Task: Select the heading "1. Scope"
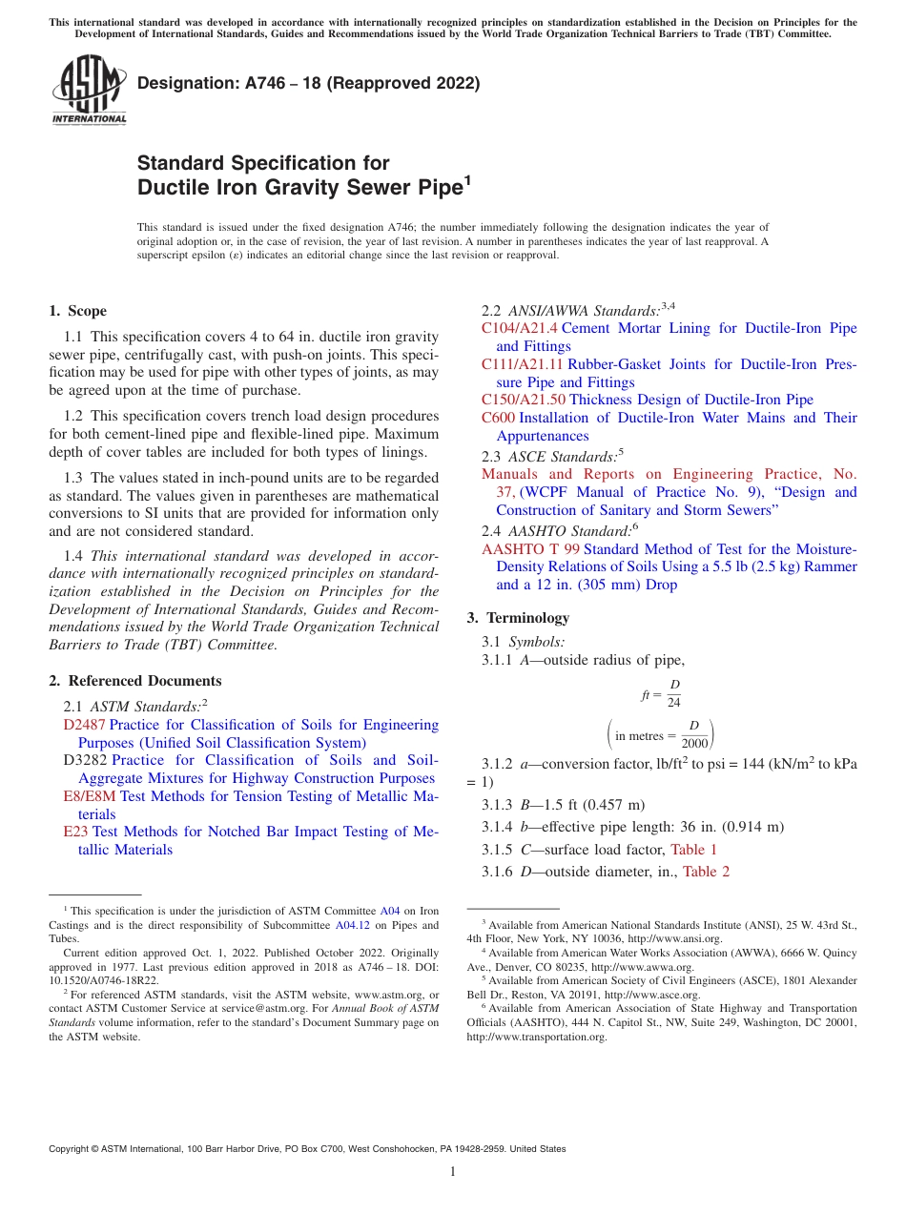coord(78,311)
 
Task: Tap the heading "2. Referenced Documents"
coord(135,681)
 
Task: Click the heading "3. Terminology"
coord(518,618)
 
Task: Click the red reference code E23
coord(74,833)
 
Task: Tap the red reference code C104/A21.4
coord(520,329)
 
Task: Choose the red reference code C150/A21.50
coord(524,401)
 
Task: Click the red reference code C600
coord(498,419)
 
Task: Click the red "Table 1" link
coord(693,850)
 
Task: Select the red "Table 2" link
coord(706,872)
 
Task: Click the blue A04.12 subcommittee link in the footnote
coord(352,925)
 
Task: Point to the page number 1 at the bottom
coord(453,1172)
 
